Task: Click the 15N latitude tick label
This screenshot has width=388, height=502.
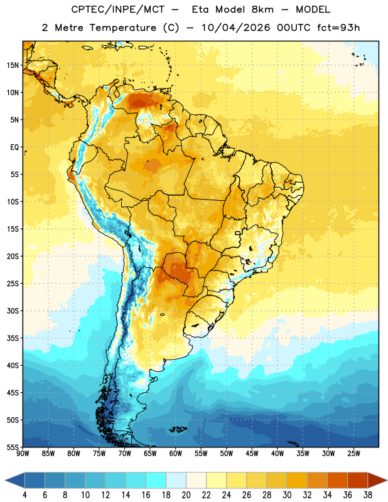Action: point(13,65)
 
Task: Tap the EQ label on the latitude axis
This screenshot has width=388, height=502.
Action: point(15,147)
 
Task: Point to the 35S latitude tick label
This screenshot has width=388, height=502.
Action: point(13,338)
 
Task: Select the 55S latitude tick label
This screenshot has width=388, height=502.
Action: point(13,447)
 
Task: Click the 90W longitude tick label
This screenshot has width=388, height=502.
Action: point(23,454)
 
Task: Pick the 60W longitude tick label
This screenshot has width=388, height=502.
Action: point(176,454)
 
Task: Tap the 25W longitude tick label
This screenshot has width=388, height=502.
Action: point(353,454)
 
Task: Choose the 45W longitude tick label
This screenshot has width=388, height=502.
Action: point(252,454)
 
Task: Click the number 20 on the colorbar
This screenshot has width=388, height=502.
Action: point(186,495)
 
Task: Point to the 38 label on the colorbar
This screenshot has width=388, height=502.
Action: point(367,495)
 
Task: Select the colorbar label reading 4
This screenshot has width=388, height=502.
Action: point(24,495)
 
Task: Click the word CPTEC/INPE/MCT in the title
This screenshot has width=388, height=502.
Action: point(118,9)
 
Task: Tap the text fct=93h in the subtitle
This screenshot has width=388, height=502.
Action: point(338,28)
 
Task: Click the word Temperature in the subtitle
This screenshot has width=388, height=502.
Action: point(123,28)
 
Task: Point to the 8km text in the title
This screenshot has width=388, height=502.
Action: point(262,9)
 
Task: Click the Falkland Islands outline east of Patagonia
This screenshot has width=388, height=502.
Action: point(178,429)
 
